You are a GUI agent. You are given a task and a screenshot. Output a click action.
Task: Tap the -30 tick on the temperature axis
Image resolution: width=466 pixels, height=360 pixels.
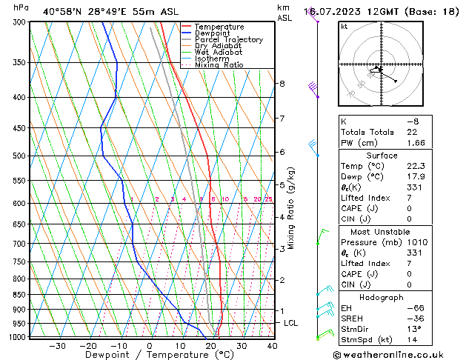(x=58, y=346)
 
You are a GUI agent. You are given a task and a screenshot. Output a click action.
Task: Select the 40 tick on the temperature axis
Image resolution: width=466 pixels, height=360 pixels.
(x=272, y=346)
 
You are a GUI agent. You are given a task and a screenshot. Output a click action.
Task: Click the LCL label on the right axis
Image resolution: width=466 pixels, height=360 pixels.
(x=291, y=324)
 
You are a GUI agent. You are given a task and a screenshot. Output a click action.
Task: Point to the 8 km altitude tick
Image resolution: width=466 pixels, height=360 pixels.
(x=282, y=84)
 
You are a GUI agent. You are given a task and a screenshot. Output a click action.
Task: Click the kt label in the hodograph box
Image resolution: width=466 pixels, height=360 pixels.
(x=344, y=26)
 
